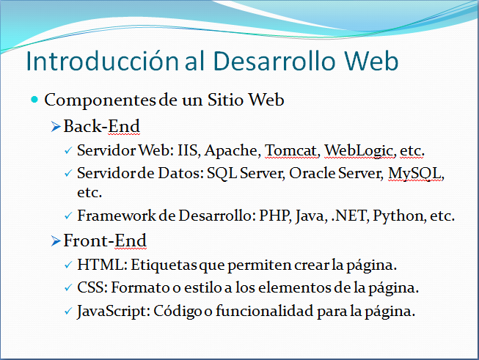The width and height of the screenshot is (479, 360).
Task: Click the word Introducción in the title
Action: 103,61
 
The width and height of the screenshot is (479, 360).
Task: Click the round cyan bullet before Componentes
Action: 34,99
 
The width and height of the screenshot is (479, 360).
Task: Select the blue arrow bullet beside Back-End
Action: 56,126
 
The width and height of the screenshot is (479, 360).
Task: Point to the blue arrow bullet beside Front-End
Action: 56,241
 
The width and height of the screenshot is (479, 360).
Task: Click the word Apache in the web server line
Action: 233,150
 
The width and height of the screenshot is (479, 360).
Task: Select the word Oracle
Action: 312,173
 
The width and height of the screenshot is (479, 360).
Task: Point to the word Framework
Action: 117,216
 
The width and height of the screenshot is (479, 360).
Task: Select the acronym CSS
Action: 92,287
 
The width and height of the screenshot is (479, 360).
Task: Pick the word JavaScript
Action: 114,312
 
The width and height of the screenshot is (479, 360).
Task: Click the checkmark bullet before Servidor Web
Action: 68,150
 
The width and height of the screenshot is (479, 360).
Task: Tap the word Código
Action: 178,311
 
